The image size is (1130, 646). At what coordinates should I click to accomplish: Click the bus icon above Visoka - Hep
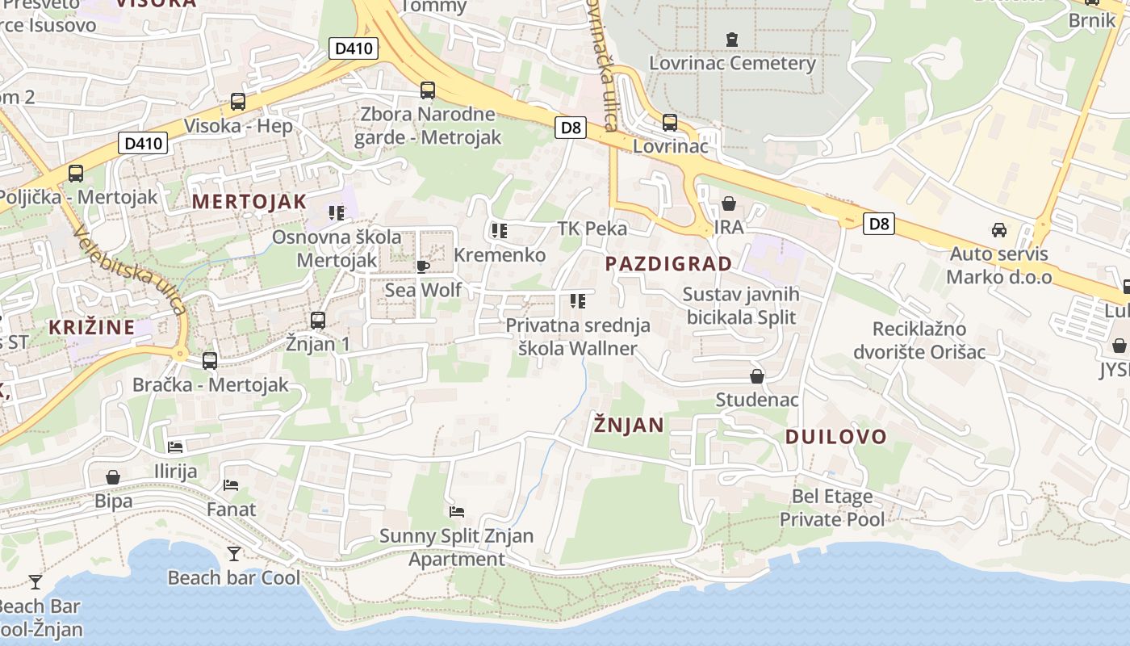click(x=238, y=102)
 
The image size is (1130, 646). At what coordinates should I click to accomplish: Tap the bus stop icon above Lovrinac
click(x=670, y=123)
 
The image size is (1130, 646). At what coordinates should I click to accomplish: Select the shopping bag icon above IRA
click(x=729, y=203)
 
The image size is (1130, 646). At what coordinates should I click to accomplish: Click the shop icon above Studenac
click(x=757, y=376)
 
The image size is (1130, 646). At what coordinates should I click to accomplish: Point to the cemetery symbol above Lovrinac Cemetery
click(x=732, y=39)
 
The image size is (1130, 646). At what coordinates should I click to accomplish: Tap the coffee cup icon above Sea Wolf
click(x=422, y=266)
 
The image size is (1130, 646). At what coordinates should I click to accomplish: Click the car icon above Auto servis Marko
click(x=999, y=230)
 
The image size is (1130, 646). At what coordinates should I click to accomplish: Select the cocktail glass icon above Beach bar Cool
click(x=234, y=554)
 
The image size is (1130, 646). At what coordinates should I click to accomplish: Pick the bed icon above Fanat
click(x=231, y=485)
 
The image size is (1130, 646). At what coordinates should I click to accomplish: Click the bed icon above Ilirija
click(x=175, y=447)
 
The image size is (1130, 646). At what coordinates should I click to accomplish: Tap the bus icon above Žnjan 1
click(x=318, y=321)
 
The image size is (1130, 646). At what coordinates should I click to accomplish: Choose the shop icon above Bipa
click(x=113, y=477)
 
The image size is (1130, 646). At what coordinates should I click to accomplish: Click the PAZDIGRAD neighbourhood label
click(x=668, y=263)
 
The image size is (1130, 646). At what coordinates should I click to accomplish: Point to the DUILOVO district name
click(x=836, y=437)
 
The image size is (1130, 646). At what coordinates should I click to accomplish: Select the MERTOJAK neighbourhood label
click(x=249, y=202)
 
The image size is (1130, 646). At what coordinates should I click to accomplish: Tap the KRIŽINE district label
click(x=91, y=327)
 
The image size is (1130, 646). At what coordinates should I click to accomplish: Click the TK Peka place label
click(x=592, y=229)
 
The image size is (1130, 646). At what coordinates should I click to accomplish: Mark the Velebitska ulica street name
click(x=129, y=270)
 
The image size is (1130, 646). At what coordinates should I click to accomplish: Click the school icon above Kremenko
click(x=500, y=231)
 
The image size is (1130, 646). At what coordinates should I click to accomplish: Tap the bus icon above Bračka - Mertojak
click(x=210, y=361)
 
